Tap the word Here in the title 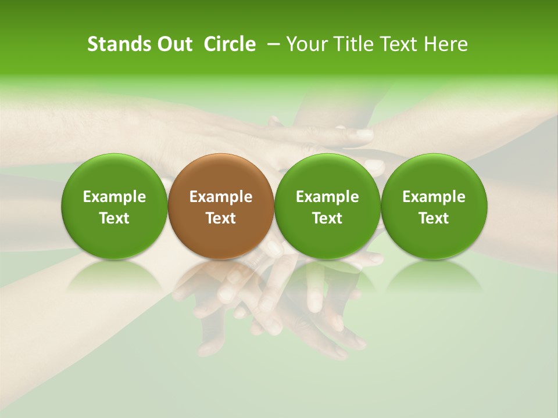coord(448,44)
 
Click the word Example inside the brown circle coord(221,197)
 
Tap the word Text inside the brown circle coord(221,218)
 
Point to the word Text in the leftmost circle coord(114,218)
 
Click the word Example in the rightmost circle coord(434,197)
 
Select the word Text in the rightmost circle coord(434,218)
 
